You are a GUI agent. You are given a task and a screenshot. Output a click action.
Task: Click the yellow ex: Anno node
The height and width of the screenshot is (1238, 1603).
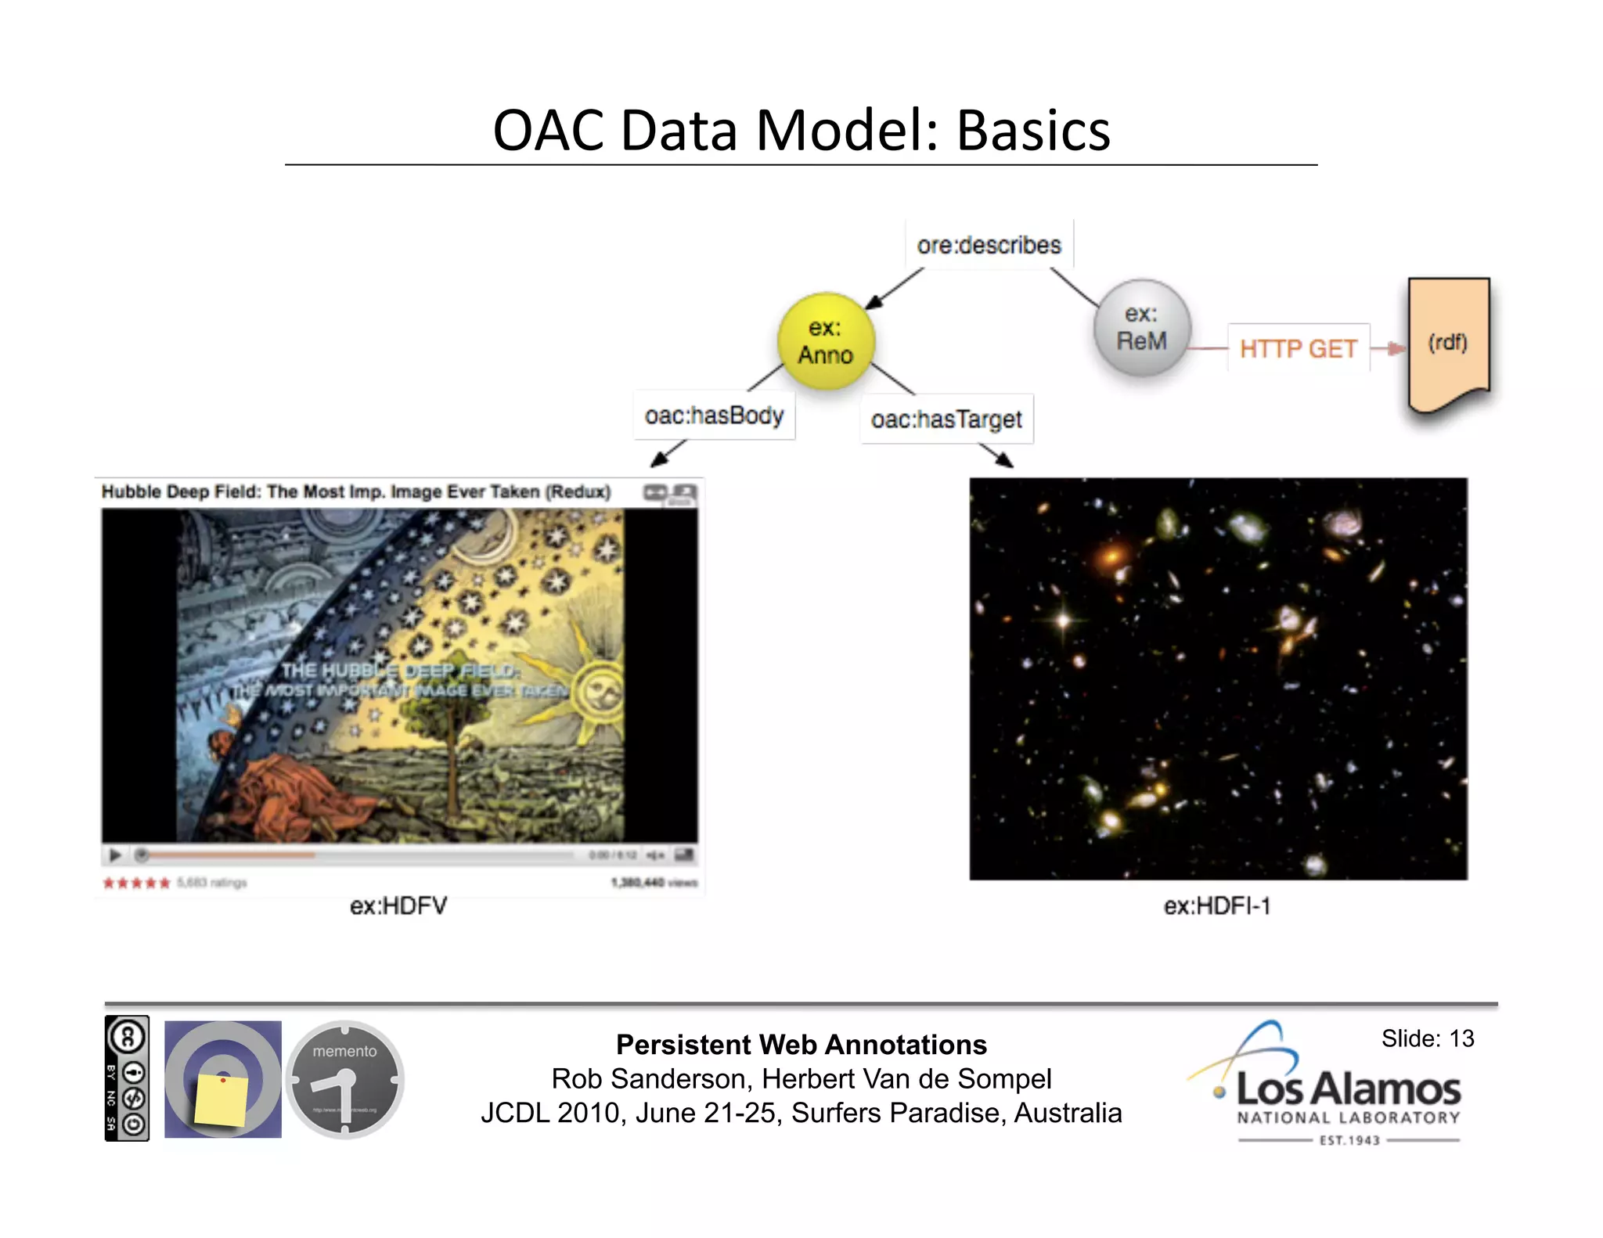[x=826, y=341]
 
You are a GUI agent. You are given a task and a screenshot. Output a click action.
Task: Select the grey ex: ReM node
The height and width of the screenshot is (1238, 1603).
[x=1142, y=328]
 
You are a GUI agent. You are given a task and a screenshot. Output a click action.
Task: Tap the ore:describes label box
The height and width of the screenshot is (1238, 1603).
[x=989, y=245]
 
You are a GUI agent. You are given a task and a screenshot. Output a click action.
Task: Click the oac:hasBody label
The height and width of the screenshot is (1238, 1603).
[x=714, y=416]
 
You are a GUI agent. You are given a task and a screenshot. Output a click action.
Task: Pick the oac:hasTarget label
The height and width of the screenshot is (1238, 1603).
[x=946, y=419]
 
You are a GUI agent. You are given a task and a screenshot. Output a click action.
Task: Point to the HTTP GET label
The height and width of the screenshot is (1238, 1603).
[x=1298, y=348]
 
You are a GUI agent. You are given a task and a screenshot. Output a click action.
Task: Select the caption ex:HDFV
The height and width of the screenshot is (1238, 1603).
[x=398, y=906]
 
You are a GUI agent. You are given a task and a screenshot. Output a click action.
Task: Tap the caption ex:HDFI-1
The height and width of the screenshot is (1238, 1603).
[x=1217, y=906]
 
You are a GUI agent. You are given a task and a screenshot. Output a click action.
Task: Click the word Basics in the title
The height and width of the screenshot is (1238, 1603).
[x=1033, y=131]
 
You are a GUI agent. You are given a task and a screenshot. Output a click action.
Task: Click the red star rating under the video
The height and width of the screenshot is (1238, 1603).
[x=136, y=883]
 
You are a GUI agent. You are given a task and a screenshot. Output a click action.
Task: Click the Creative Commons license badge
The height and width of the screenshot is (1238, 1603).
[x=127, y=1078]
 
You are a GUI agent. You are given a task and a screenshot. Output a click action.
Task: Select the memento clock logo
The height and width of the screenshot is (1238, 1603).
[x=344, y=1078]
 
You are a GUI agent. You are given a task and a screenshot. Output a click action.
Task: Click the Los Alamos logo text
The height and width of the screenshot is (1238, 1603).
[x=1348, y=1089]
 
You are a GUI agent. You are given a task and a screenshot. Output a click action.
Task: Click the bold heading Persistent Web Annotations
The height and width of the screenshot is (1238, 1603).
[x=801, y=1045]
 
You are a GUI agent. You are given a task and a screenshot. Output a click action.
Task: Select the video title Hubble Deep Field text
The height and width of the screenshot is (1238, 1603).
[x=355, y=491]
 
